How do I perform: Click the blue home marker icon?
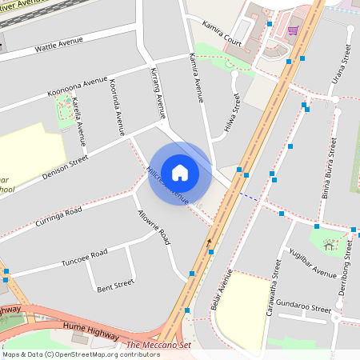[180, 173]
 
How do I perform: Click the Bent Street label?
[115, 284]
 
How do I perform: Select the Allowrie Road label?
[154, 226]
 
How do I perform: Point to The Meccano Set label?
[158, 346]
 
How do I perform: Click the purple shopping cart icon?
[293, 30]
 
